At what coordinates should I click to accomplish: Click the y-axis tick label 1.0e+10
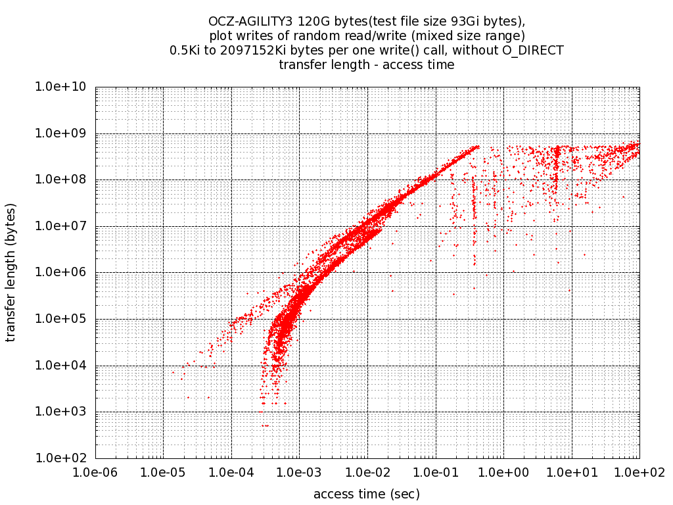(x=64, y=87)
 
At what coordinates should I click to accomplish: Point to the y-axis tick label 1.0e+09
(x=64, y=133)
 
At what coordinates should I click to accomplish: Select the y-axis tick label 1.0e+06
(x=64, y=273)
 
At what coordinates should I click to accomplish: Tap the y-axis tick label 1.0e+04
(x=64, y=366)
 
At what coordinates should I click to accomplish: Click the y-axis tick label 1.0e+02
(x=64, y=458)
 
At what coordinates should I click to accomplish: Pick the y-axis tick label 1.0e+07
(x=64, y=226)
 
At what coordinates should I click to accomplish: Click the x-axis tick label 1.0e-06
(x=95, y=473)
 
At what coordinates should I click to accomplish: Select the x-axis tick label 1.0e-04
(x=231, y=473)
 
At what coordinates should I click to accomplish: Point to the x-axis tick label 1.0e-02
(x=367, y=473)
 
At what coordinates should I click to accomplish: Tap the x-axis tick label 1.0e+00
(x=503, y=473)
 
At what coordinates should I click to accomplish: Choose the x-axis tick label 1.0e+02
(x=639, y=473)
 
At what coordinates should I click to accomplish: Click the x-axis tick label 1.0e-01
(x=435, y=473)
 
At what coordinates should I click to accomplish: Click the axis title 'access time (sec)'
(x=367, y=494)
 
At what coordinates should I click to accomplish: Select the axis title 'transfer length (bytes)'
(x=11, y=272)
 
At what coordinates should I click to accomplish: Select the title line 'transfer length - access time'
(x=367, y=64)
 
